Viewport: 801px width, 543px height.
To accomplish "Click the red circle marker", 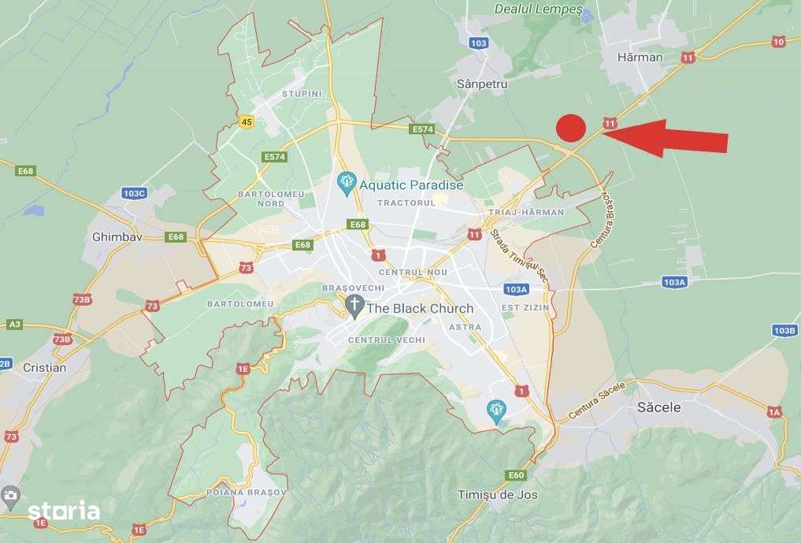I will (571, 128).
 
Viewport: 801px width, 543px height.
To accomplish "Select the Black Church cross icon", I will (354, 307).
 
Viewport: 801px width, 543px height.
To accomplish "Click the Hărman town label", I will (640, 57).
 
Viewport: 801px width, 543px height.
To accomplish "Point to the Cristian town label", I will (45, 367).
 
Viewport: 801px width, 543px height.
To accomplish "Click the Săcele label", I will (658, 407).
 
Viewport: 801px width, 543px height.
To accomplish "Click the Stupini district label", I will (302, 94).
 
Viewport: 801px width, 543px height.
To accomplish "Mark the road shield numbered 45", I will (247, 121).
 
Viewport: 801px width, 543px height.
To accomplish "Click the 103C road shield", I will (135, 193).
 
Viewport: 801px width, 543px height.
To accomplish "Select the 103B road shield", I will (784, 330).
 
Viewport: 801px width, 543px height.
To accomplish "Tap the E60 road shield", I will (516, 474).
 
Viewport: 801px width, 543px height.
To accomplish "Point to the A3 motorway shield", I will (14, 324).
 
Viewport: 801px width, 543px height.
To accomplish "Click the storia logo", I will (64, 511).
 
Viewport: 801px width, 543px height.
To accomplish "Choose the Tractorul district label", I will (406, 203).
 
